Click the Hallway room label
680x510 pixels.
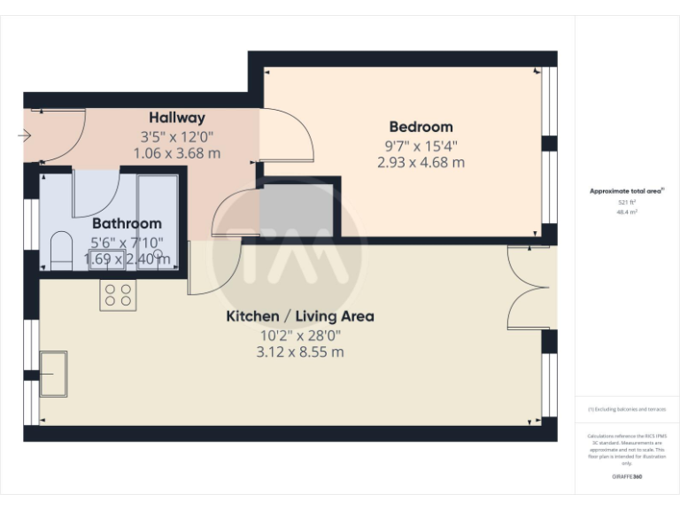tap(176, 117)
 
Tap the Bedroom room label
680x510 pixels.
tap(421, 127)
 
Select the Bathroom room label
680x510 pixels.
tap(127, 224)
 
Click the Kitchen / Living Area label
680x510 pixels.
tap(300, 316)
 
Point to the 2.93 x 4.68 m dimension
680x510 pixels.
tap(421, 162)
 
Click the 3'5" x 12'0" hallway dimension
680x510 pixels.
tap(176, 136)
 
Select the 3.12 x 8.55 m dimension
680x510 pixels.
tap(300, 352)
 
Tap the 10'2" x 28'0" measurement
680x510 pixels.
tap(300, 335)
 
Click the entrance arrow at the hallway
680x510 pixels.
tap(24, 135)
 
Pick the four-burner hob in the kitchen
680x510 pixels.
tap(118, 294)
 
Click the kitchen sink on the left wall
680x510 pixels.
tap(54, 373)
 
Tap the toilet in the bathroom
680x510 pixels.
tap(61, 250)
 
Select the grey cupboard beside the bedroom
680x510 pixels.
tap(297, 210)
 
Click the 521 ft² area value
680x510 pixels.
tap(627, 203)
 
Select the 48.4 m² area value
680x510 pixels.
tap(627, 212)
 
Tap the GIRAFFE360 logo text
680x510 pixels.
tap(627, 477)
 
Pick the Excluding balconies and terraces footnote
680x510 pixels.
tap(627, 410)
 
